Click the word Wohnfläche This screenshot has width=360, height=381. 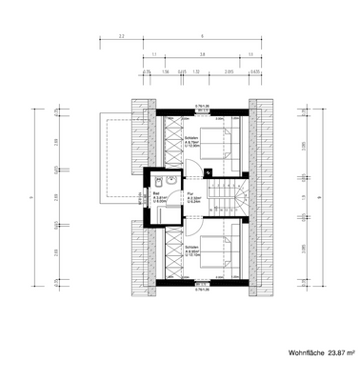point(306,352)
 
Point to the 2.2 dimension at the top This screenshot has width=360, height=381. point(122,35)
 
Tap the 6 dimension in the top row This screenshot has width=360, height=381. point(203,35)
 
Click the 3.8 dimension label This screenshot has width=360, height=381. point(203,54)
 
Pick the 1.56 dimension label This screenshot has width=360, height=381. point(167,71)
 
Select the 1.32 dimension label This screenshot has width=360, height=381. point(196,71)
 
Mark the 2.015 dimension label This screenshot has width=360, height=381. point(230,71)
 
